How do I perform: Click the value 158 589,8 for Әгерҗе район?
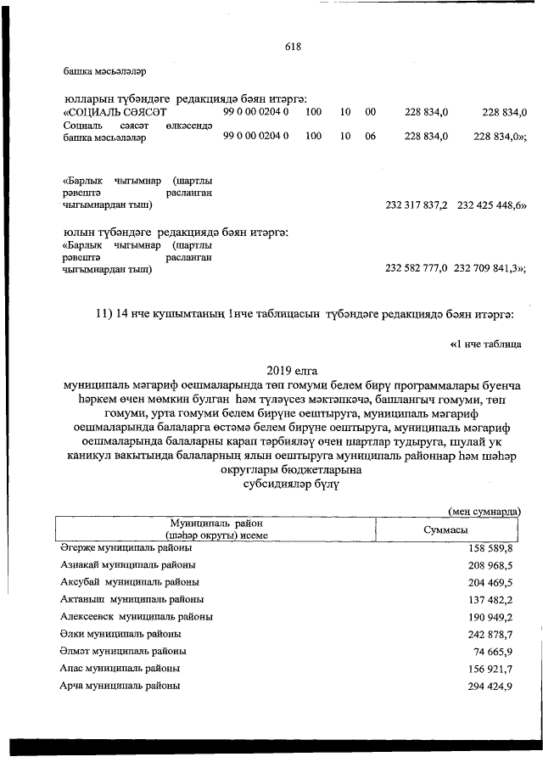tap(491, 549)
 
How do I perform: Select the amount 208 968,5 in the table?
tap(491, 565)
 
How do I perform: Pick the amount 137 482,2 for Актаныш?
tap(491, 599)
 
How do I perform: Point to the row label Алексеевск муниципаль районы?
tap(137, 616)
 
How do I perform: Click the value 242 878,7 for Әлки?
tap(491, 634)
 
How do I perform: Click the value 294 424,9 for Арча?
tap(491, 686)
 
